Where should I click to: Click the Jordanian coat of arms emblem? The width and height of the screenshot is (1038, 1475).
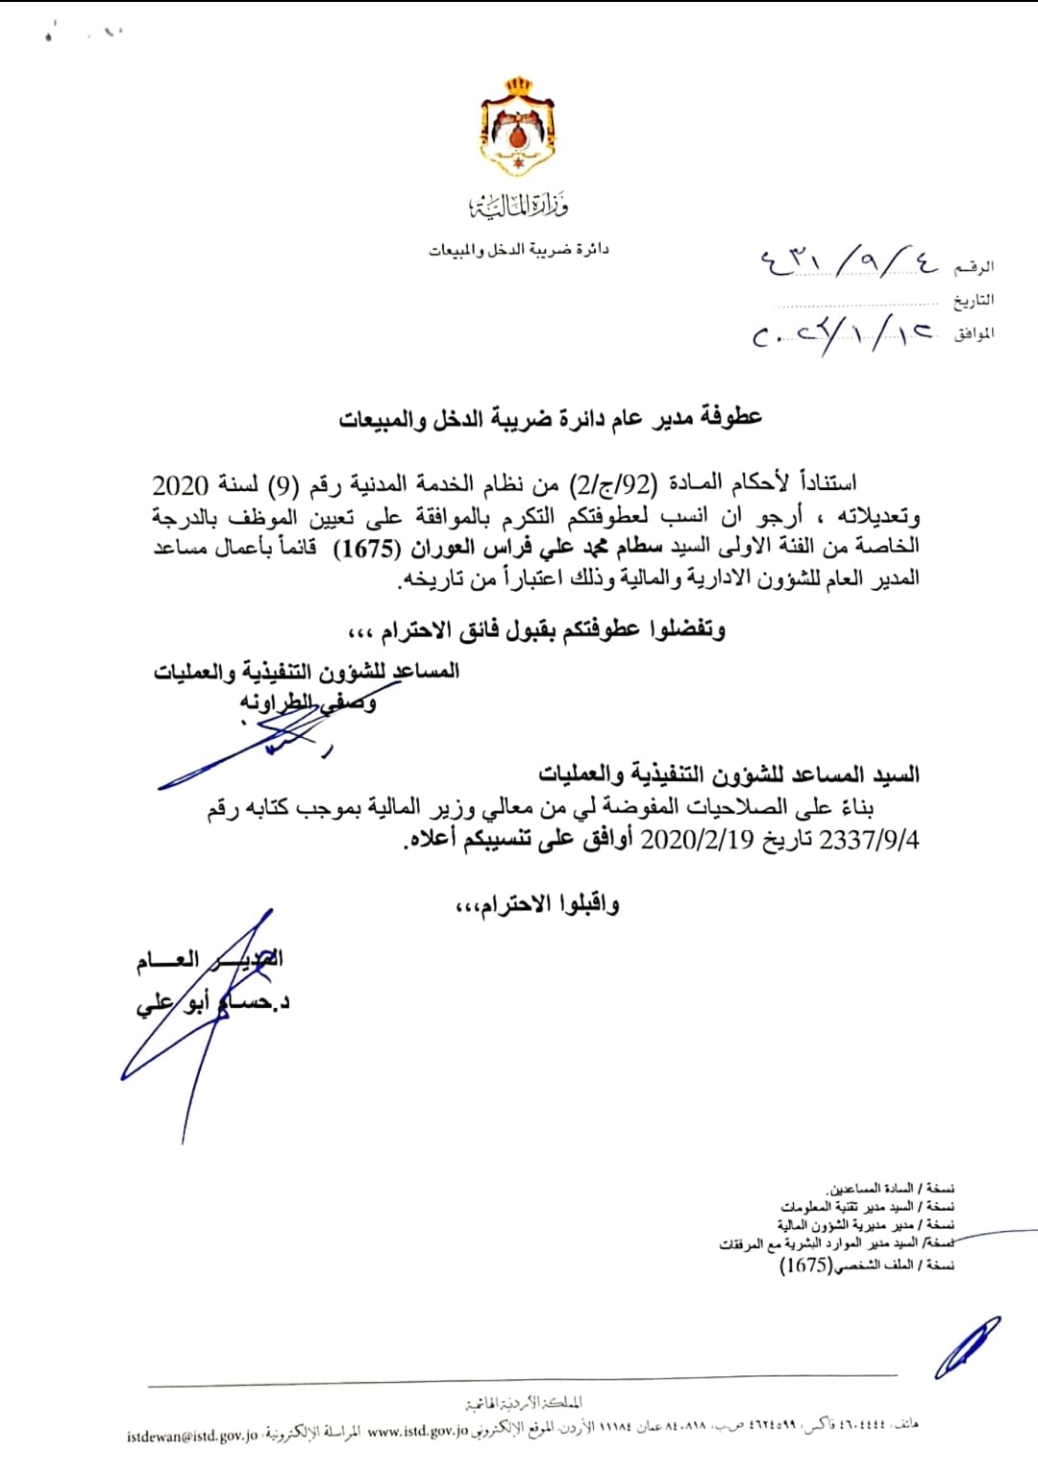coord(519,128)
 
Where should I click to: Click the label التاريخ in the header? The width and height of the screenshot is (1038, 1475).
coord(974,301)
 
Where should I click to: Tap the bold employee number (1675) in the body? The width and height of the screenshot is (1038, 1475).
coord(370,549)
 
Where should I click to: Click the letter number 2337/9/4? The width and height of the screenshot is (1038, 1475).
coord(869,839)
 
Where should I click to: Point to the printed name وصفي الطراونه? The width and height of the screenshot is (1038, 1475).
coord(308,702)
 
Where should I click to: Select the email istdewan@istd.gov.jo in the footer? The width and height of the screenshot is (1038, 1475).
coord(192,1436)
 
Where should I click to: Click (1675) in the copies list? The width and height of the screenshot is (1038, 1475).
coord(805,1265)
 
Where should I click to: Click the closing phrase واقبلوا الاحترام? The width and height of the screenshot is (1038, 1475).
coord(536,904)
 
